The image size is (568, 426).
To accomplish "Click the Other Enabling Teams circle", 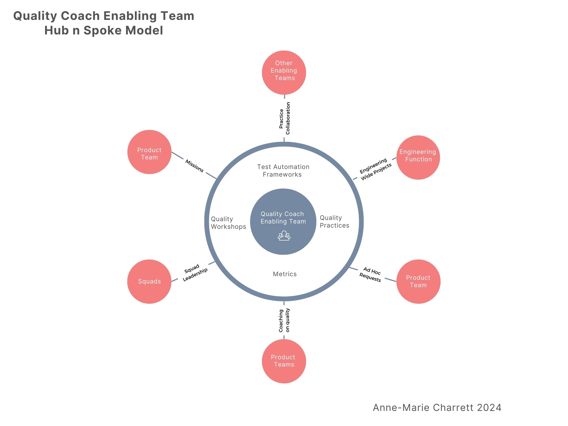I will [x=284, y=72].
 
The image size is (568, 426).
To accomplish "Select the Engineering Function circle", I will [x=418, y=157].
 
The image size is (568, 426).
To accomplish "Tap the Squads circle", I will [x=149, y=281].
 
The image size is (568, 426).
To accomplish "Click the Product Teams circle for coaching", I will [x=284, y=361].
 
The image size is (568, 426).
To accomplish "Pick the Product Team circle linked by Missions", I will [x=149, y=152].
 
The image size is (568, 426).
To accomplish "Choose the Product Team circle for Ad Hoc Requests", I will [x=418, y=281].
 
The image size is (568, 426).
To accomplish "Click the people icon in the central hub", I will [x=284, y=236].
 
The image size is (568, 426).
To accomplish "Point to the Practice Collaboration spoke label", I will [x=285, y=118].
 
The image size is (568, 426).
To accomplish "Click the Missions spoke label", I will [x=195, y=166].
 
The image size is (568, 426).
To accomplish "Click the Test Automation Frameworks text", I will [x=283, y=171].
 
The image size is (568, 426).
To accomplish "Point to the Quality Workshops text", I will [x=228, y=223].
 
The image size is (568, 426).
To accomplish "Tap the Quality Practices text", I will [x=334, y=222].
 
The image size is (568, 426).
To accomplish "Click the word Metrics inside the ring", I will [x=285, y=274].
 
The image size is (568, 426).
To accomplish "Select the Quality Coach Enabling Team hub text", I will [x=283, y=218].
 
